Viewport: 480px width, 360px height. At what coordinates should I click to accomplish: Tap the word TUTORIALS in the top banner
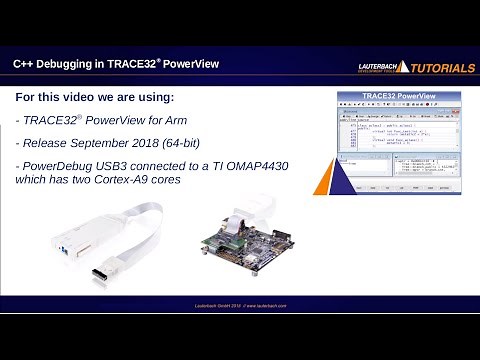441,68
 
